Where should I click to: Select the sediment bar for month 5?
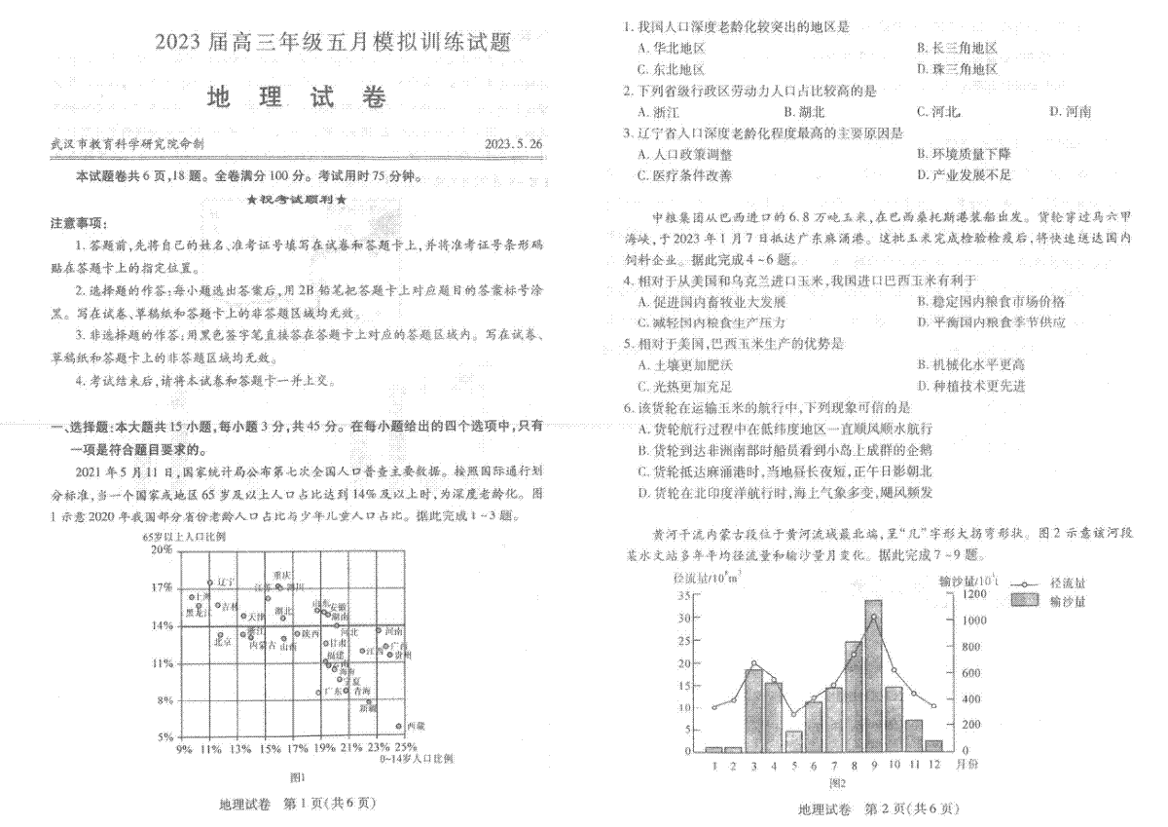[x=793, y=740]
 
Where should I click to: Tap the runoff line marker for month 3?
[x=753, y=664]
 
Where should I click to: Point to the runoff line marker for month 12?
[x=933, y=706]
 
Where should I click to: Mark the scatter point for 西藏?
[x=399, y=726]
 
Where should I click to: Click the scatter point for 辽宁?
[x=209, y=583]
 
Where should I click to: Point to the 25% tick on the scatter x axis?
[x=406, y=748]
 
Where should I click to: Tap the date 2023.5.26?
[x=514, y=144]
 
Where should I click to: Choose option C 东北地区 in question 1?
[x=671, y=69]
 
